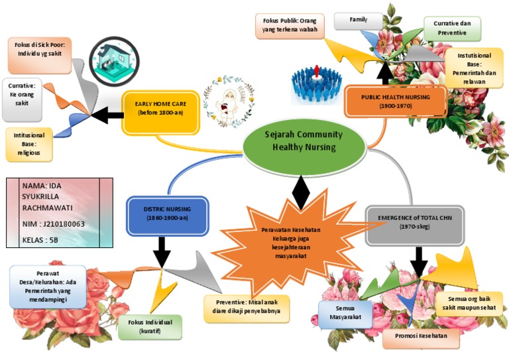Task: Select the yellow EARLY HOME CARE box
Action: click(161, 108)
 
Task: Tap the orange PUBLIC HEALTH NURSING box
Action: click(395, 101)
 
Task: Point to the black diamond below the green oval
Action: click(301, 193)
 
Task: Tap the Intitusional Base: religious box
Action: click(29, 144)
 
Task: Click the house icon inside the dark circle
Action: click(114, 60)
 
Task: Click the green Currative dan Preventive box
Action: click(452, 28)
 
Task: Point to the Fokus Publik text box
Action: click(287, 26)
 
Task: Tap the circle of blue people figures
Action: click(315, 84)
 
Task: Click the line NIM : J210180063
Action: click(54, 224)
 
